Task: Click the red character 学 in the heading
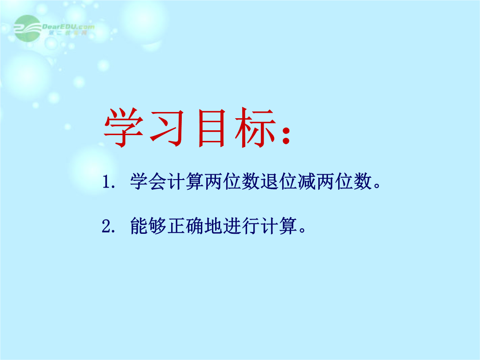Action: click(x=124, y=128)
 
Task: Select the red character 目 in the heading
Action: click(x=212, y=128)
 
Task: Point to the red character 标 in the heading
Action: click(x=255, y=128)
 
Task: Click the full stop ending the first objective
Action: click(x=377, y=186)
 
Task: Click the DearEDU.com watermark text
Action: click(x=68, y=27)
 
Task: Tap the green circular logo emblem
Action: click(x=27, y=28)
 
